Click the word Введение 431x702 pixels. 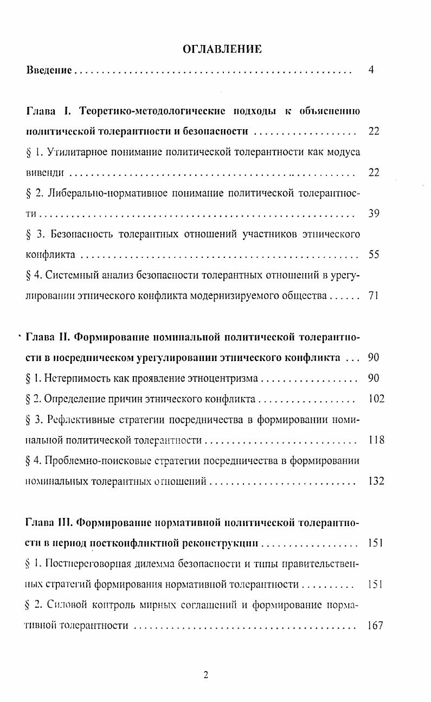pos(49,71)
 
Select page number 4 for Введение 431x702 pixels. pos(371,70)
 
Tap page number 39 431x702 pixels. pos(374,213)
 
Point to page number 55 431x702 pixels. pos(374,254)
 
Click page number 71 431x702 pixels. pos(374,296)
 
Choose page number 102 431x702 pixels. pos(376,399)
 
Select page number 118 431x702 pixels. pos(376,440)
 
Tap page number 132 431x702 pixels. pos(376,481)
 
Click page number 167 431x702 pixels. pos(375,625)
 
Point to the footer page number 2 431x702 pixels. pos(205,675)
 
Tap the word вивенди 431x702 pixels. pos(46,173)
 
